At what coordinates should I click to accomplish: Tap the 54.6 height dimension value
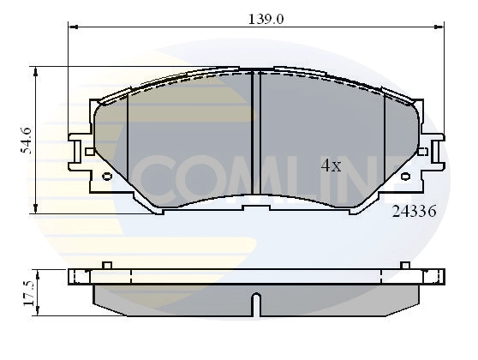coord(26,140)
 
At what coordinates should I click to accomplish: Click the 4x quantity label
coord(331,166)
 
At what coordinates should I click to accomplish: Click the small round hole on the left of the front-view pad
coord(106,177)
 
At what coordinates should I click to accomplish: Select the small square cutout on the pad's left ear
coord(90,152)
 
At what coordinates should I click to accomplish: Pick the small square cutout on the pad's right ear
coord(421,152)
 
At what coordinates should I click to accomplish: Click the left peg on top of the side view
coord(106,265)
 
